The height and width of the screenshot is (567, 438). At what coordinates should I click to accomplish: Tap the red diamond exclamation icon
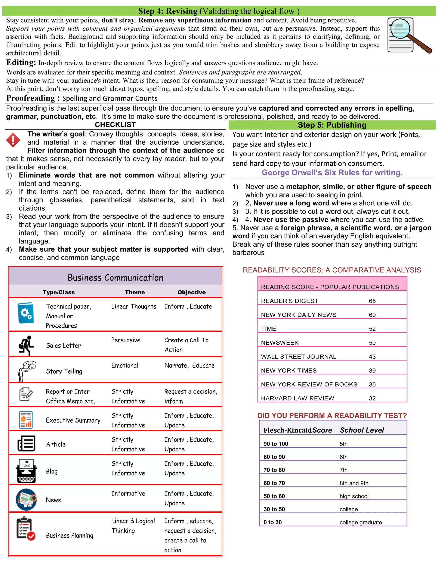point(13,140)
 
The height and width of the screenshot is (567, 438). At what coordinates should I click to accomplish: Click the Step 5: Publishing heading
point(332,125)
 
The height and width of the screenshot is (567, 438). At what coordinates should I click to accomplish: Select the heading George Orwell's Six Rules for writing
point(332,172)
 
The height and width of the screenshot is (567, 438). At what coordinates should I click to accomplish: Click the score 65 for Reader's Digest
point(372,301)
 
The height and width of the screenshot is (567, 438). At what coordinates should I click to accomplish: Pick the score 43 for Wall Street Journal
point(372,356)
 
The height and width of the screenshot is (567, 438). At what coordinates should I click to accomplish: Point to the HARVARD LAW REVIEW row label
point(297,398)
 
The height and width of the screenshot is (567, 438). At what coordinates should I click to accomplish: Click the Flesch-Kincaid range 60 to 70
point(274,483)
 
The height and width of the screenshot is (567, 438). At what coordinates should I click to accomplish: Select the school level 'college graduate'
point(360,522)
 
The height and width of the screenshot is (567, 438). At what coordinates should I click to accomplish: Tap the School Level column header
point(361,430)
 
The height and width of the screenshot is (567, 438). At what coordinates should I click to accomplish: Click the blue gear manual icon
point(25,313)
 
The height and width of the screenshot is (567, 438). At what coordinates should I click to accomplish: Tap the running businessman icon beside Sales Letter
point(26,345)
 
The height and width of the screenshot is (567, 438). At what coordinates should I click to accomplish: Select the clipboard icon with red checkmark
point(25,528)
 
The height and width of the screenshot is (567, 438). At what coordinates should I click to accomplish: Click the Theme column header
point(135,292)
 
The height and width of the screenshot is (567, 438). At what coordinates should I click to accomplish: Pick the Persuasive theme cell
point(126,340)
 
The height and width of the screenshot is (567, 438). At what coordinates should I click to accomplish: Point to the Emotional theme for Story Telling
point(124,365)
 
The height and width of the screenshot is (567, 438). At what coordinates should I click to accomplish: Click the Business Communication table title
point(115,278)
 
